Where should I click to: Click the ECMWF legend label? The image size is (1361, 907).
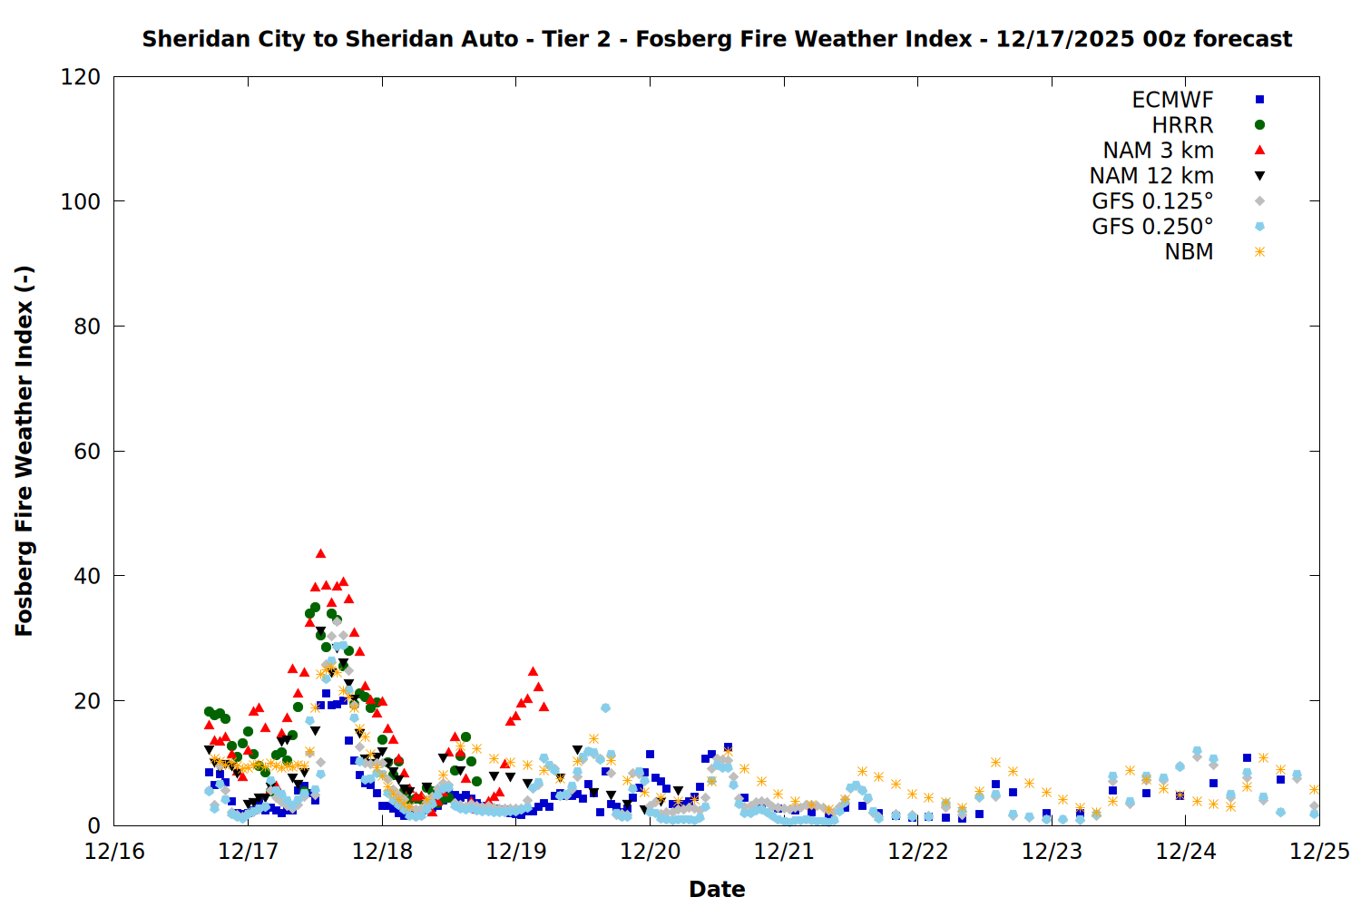point(1172,100)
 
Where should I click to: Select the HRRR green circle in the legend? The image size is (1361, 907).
point(1259,125)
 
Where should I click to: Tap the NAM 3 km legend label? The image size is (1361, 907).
point(1158,151)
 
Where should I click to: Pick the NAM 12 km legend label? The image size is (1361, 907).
point(1151,176)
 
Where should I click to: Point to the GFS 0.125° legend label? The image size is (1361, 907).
point(1152,201)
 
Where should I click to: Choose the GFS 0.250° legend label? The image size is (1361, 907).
point(1152,227)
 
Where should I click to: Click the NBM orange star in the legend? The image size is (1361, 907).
point(1259,252)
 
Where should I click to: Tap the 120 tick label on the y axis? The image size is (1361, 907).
point(81,77)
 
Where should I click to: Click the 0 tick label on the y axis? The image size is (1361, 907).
point(93,825)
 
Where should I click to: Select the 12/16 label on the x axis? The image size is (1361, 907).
point(114,852)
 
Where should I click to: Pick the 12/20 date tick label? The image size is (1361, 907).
point(650,852)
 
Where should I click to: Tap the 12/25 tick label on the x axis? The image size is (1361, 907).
point(1319,852)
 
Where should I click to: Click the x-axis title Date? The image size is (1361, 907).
point(717,889)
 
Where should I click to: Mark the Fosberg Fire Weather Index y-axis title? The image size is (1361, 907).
point(24,451)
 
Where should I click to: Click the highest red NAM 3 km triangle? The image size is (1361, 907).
point(320,553)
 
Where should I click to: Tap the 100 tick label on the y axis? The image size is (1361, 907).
point(81,201)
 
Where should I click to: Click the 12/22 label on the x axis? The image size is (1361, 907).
point(917,852)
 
